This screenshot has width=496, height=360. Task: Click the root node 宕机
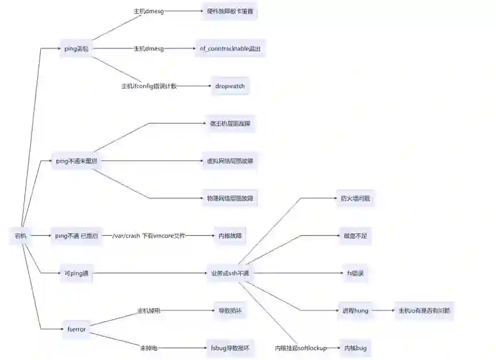(21, 236)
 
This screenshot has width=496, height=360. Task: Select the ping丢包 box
(76, 49)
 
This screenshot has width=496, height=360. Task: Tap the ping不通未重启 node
(76, 162)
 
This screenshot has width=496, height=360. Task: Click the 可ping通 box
(76, 273)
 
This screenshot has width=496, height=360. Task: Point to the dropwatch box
(229, 86)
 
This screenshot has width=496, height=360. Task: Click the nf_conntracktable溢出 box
(229, 49)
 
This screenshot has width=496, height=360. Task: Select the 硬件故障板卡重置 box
(229, 11)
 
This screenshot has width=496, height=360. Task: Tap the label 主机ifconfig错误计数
(149, 86)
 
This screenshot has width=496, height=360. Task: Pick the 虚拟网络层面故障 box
(229, 162)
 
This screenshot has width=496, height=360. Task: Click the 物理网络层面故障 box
(229, 198)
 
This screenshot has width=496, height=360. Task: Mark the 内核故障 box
(229, 236)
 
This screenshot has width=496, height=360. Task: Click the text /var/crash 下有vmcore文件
(149, 236)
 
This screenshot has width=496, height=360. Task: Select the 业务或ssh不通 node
(229, 273)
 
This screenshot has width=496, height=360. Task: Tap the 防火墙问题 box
(354, 199)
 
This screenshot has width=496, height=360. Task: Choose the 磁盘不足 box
(354, 236)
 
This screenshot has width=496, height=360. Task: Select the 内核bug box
(354, 348)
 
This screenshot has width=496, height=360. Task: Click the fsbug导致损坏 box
(229, 348)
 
